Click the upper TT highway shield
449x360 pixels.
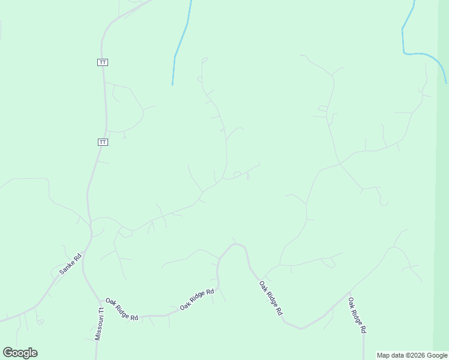coord(103,62)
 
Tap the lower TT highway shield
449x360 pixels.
coord(103,142)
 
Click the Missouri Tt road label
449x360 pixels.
coord(100,324)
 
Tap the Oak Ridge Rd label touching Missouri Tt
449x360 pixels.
coord(122,309)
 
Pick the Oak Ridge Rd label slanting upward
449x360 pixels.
coord(197,299)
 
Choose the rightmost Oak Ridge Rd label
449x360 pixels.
coord(357,316)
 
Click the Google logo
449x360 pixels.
coord(20,353)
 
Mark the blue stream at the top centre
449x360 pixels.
coord(181,42)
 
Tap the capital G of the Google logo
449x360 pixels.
coord(8,353)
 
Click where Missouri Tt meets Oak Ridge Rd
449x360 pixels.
coord(100,299)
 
